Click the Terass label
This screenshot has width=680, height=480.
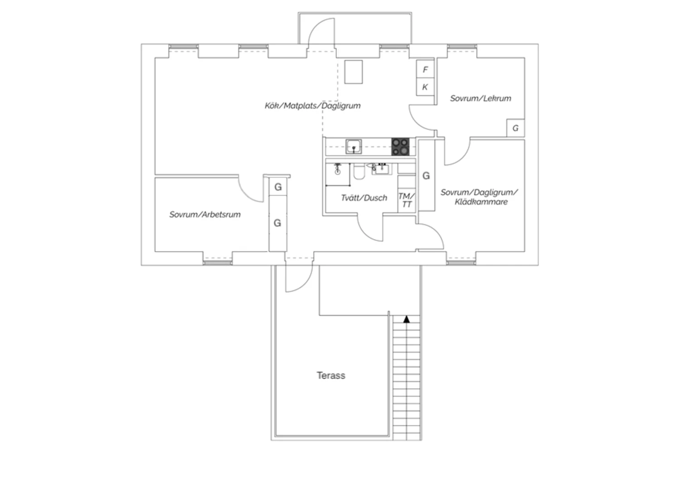pyautogui.click(x=331, y=375)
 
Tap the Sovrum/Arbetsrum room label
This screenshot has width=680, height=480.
pyautogui.click(x=205, y=214)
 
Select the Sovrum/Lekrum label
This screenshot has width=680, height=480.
pyautogui.click(x=481, y=98)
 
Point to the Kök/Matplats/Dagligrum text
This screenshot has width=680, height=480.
pyautogui.click(x=313, y=106)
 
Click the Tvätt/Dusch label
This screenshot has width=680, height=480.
pyautogui.click(x=364, y=198)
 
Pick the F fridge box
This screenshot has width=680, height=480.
pyautogui.click(x=425, y=69)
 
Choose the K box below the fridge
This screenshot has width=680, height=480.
pyautogui.click(x=425, y=87)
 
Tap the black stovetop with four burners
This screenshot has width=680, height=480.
pyautogui.click(x=400, y=147)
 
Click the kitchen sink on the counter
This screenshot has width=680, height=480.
pyautogui.click(x=354, y=146)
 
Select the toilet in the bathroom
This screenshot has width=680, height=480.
pyautogui.click(x=359, y=171)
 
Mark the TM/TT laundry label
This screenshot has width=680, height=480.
pyautogui.click(x=407, y=200)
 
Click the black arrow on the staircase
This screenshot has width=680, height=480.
pyautogui.click(x=407, y=319)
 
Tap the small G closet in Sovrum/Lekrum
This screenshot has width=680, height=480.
pyautogui.click(x=515, y=128)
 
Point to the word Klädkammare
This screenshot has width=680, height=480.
pyautogui.click(x=481, y=202)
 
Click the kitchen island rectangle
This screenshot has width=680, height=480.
pyautogui.click(x=353, y=72)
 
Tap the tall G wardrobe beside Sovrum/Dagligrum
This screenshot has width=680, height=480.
pyautogui.click(x=426, y=176)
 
